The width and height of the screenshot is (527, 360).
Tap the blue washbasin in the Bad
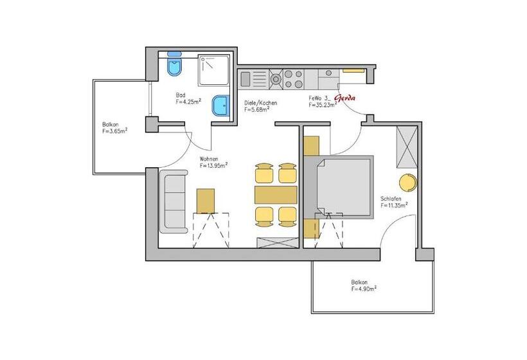[220, 105]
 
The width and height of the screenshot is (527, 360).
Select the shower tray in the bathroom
[213, 70]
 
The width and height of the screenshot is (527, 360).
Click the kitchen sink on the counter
[245, 79]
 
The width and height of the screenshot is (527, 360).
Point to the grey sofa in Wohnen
[173, 202]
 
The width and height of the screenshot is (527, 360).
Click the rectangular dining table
[276, 195]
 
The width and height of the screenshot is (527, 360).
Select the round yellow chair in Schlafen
[408, 183]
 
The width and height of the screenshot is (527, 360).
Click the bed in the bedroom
[339, 187]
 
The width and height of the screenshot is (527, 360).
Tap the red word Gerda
[344, 98]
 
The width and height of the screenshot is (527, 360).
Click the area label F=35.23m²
[323, 105]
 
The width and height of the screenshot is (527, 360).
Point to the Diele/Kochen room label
[261, 103]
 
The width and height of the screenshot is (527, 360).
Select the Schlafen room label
[391, 199]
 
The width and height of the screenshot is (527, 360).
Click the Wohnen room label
[209, 159]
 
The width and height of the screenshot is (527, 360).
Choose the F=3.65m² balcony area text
[115, 131]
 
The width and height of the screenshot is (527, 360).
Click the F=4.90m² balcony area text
[364, 289]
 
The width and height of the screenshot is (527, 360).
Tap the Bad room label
[181, 95]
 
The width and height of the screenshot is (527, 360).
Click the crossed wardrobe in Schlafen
[407, 147]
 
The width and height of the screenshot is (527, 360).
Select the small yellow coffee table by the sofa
[206, 201]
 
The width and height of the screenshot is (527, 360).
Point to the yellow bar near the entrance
[353, 71]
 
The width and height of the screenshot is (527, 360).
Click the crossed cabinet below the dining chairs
[278, 243]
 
